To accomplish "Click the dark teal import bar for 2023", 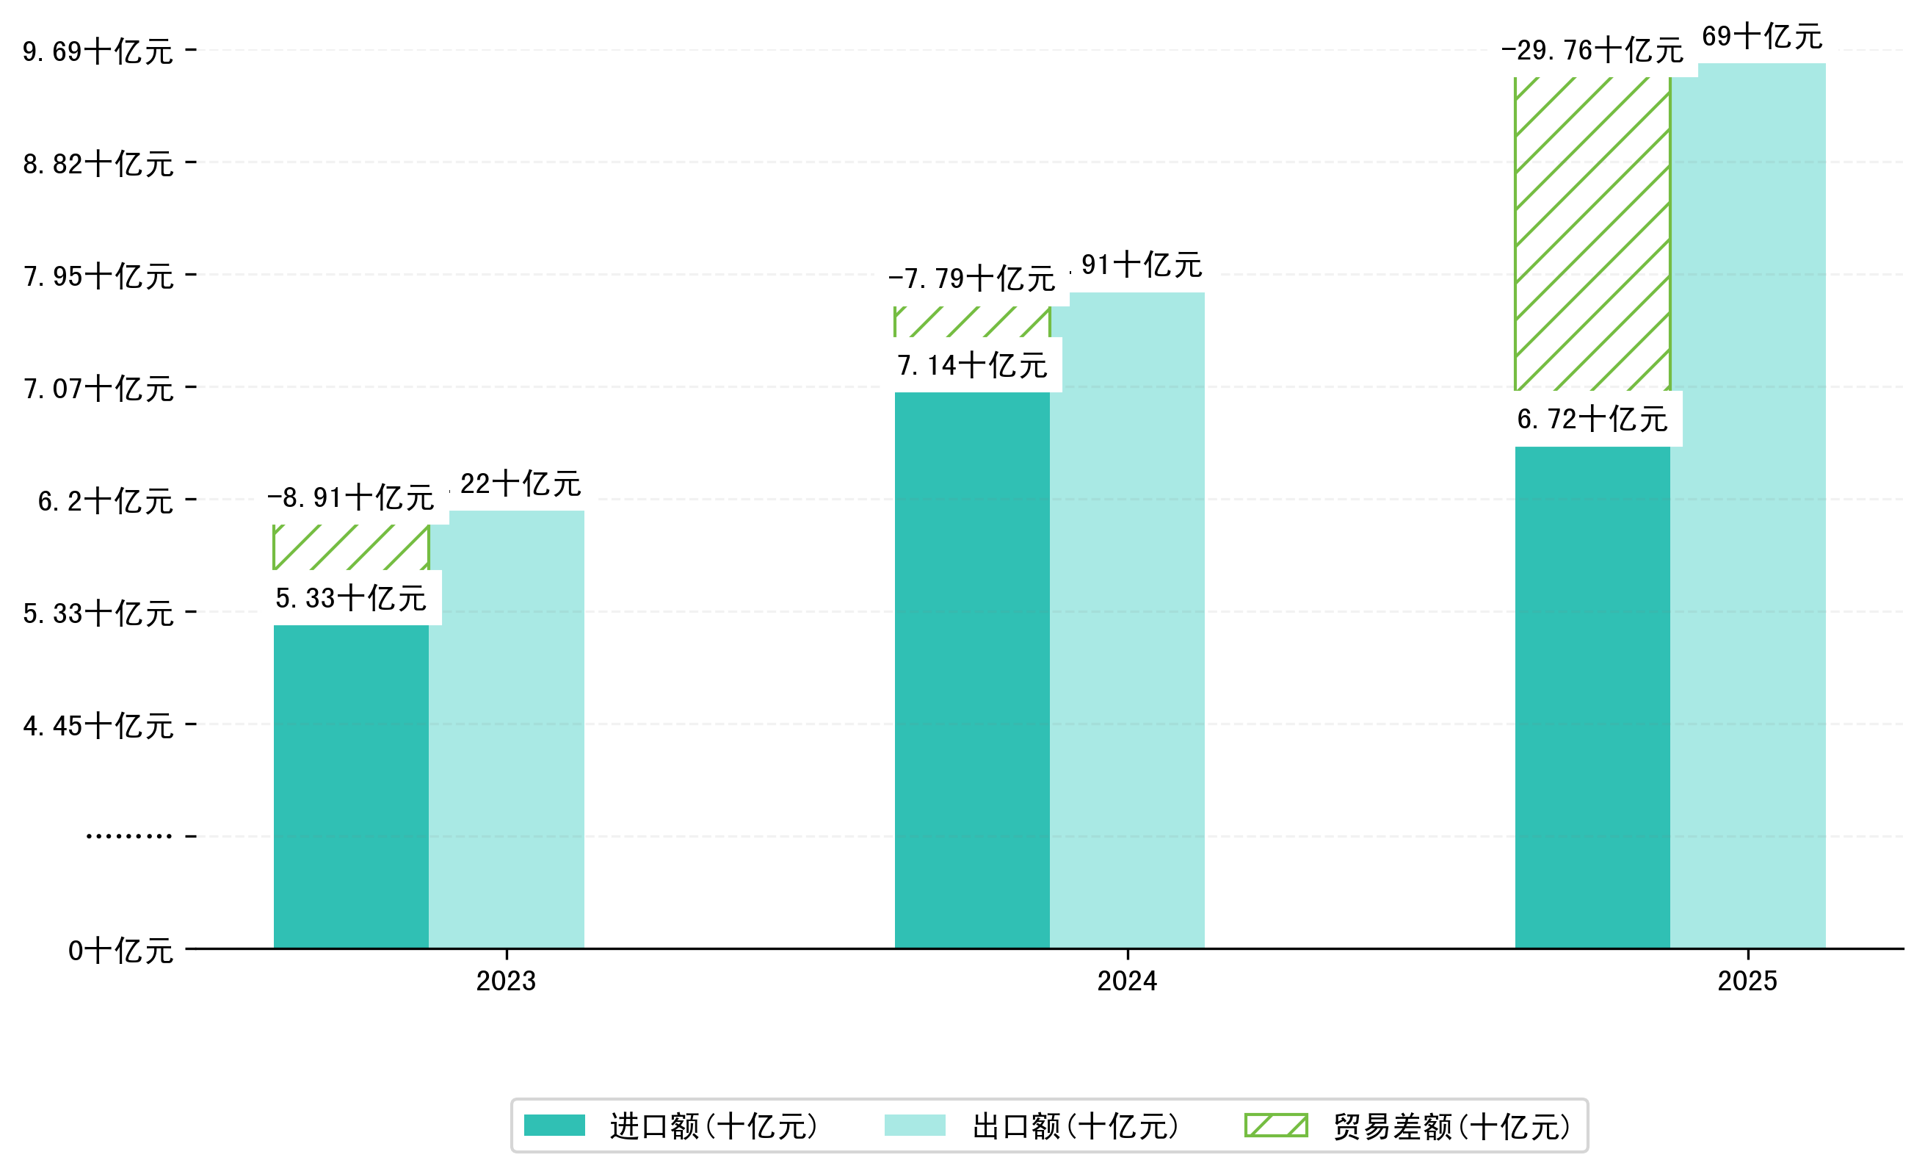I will coord(351,785).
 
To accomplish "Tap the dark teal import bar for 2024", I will coord(971,670).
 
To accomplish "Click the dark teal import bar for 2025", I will coord(1592,697).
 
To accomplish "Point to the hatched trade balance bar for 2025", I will coord(1592,234).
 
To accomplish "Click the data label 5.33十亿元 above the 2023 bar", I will coord(351,599).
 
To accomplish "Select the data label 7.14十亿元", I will coord(972,366).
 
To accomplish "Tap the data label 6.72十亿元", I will coord(1592,419).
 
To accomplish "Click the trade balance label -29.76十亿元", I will coord(1592,51).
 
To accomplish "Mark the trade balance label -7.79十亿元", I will coord(971,279).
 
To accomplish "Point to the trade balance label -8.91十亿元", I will coord(351,498).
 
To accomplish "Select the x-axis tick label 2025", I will coord(1747,981).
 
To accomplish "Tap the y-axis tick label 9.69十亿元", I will coord(98,52).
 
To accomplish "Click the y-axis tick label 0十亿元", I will coord(120,951).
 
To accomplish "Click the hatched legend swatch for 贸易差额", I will coord(1275,1126).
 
